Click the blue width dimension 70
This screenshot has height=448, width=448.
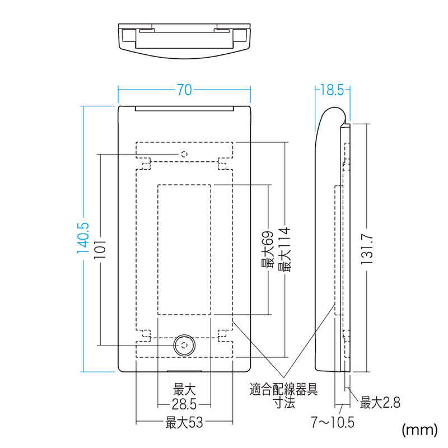[184, 90]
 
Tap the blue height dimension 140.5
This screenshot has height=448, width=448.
[83, 239]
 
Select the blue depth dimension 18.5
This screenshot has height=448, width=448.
[332, 90]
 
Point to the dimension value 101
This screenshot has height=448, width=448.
[100, 249]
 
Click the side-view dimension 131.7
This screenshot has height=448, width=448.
[367, 249]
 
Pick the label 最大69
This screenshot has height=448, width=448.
[268, 249]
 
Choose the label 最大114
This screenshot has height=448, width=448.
[284, 249]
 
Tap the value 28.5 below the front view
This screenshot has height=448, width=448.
[184, 404]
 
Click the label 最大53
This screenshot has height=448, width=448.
[184, 422]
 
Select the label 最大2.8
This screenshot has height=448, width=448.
[380, 403]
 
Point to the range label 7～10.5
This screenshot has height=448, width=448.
[333, 422]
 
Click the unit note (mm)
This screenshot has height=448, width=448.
[419, 430]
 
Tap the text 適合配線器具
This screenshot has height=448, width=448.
[284, 389]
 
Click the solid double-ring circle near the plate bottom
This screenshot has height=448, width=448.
[185, 345]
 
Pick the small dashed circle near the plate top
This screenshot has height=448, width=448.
[185, 155]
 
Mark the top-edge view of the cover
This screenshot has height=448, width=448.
[185, 41]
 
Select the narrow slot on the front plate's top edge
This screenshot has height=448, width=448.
[185, 109]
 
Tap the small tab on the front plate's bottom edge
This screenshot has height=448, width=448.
[185, 371]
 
